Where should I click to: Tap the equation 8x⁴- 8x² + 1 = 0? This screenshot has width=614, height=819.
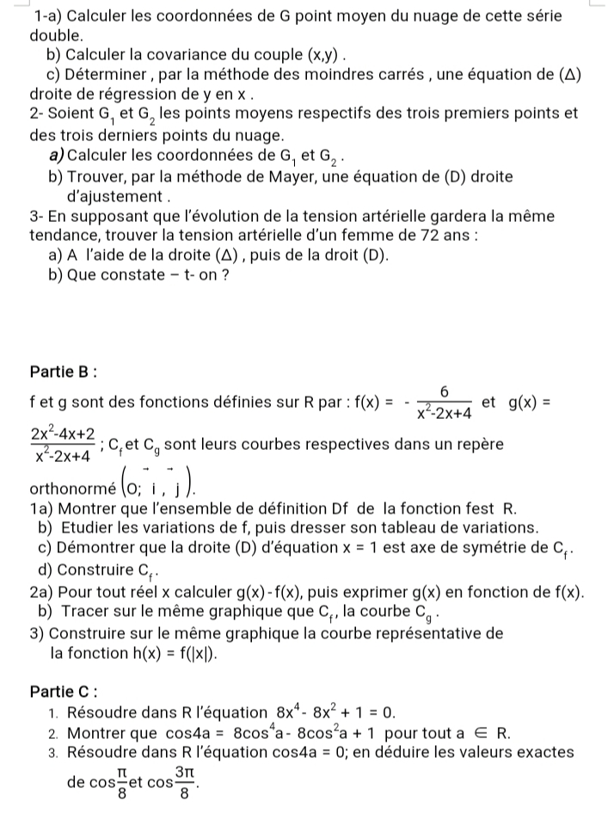332,711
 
